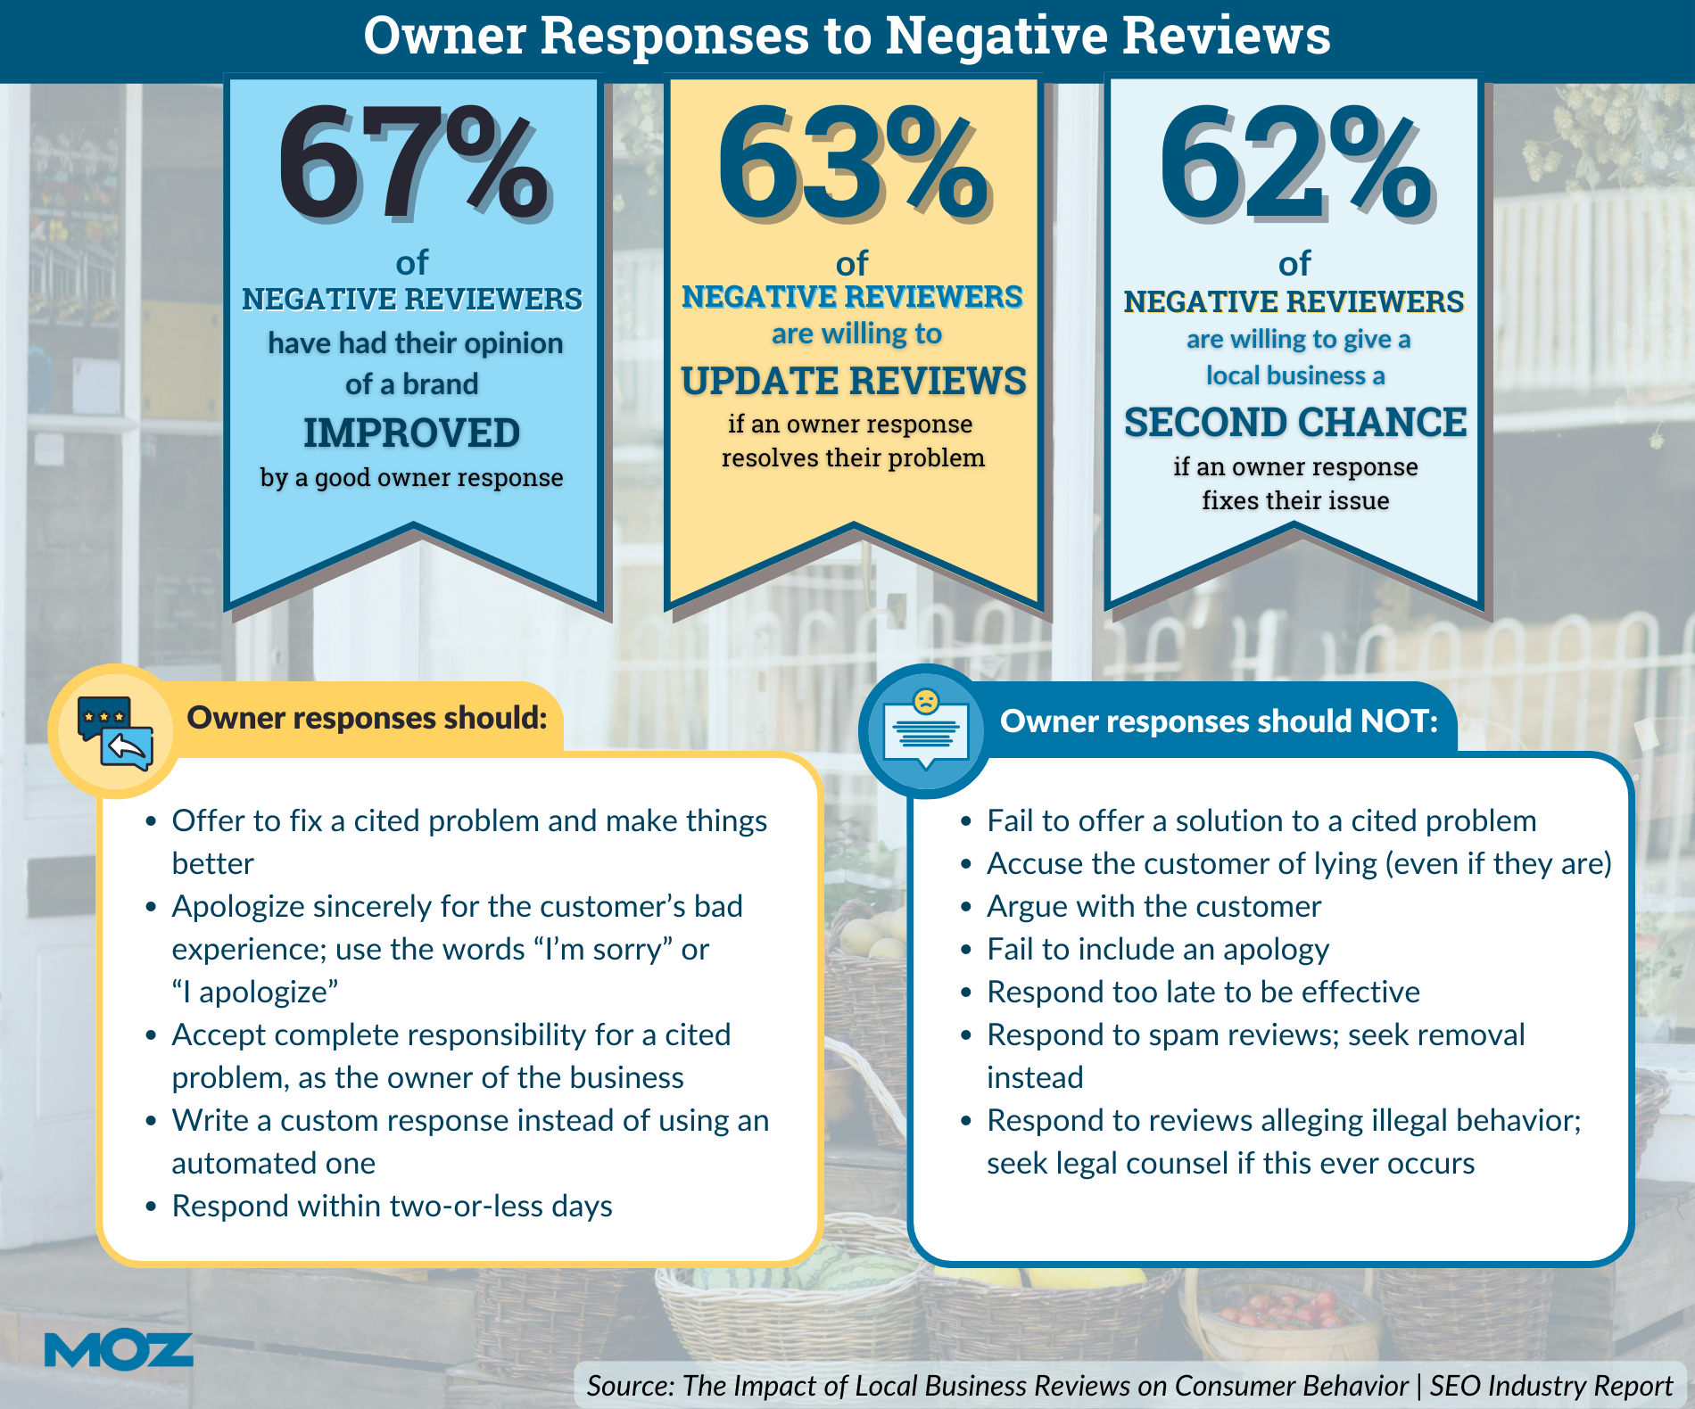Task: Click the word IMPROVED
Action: (411, 433)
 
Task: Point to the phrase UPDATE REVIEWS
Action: (853, 381)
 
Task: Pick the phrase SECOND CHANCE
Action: (1294, 422)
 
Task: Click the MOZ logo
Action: (118, 1350)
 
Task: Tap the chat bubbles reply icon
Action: (115, 732)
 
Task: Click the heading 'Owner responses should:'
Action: (367, 718)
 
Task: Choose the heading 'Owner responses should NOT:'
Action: (1219, 721)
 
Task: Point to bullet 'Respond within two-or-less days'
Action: (392, 1206)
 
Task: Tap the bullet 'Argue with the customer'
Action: (1153, 906)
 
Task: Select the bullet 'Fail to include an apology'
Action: (1157, 949)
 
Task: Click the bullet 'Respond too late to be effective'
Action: (1203, 992)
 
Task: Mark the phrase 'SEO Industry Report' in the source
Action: (1550, 1386)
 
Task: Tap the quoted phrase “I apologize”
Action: (255, 992)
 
